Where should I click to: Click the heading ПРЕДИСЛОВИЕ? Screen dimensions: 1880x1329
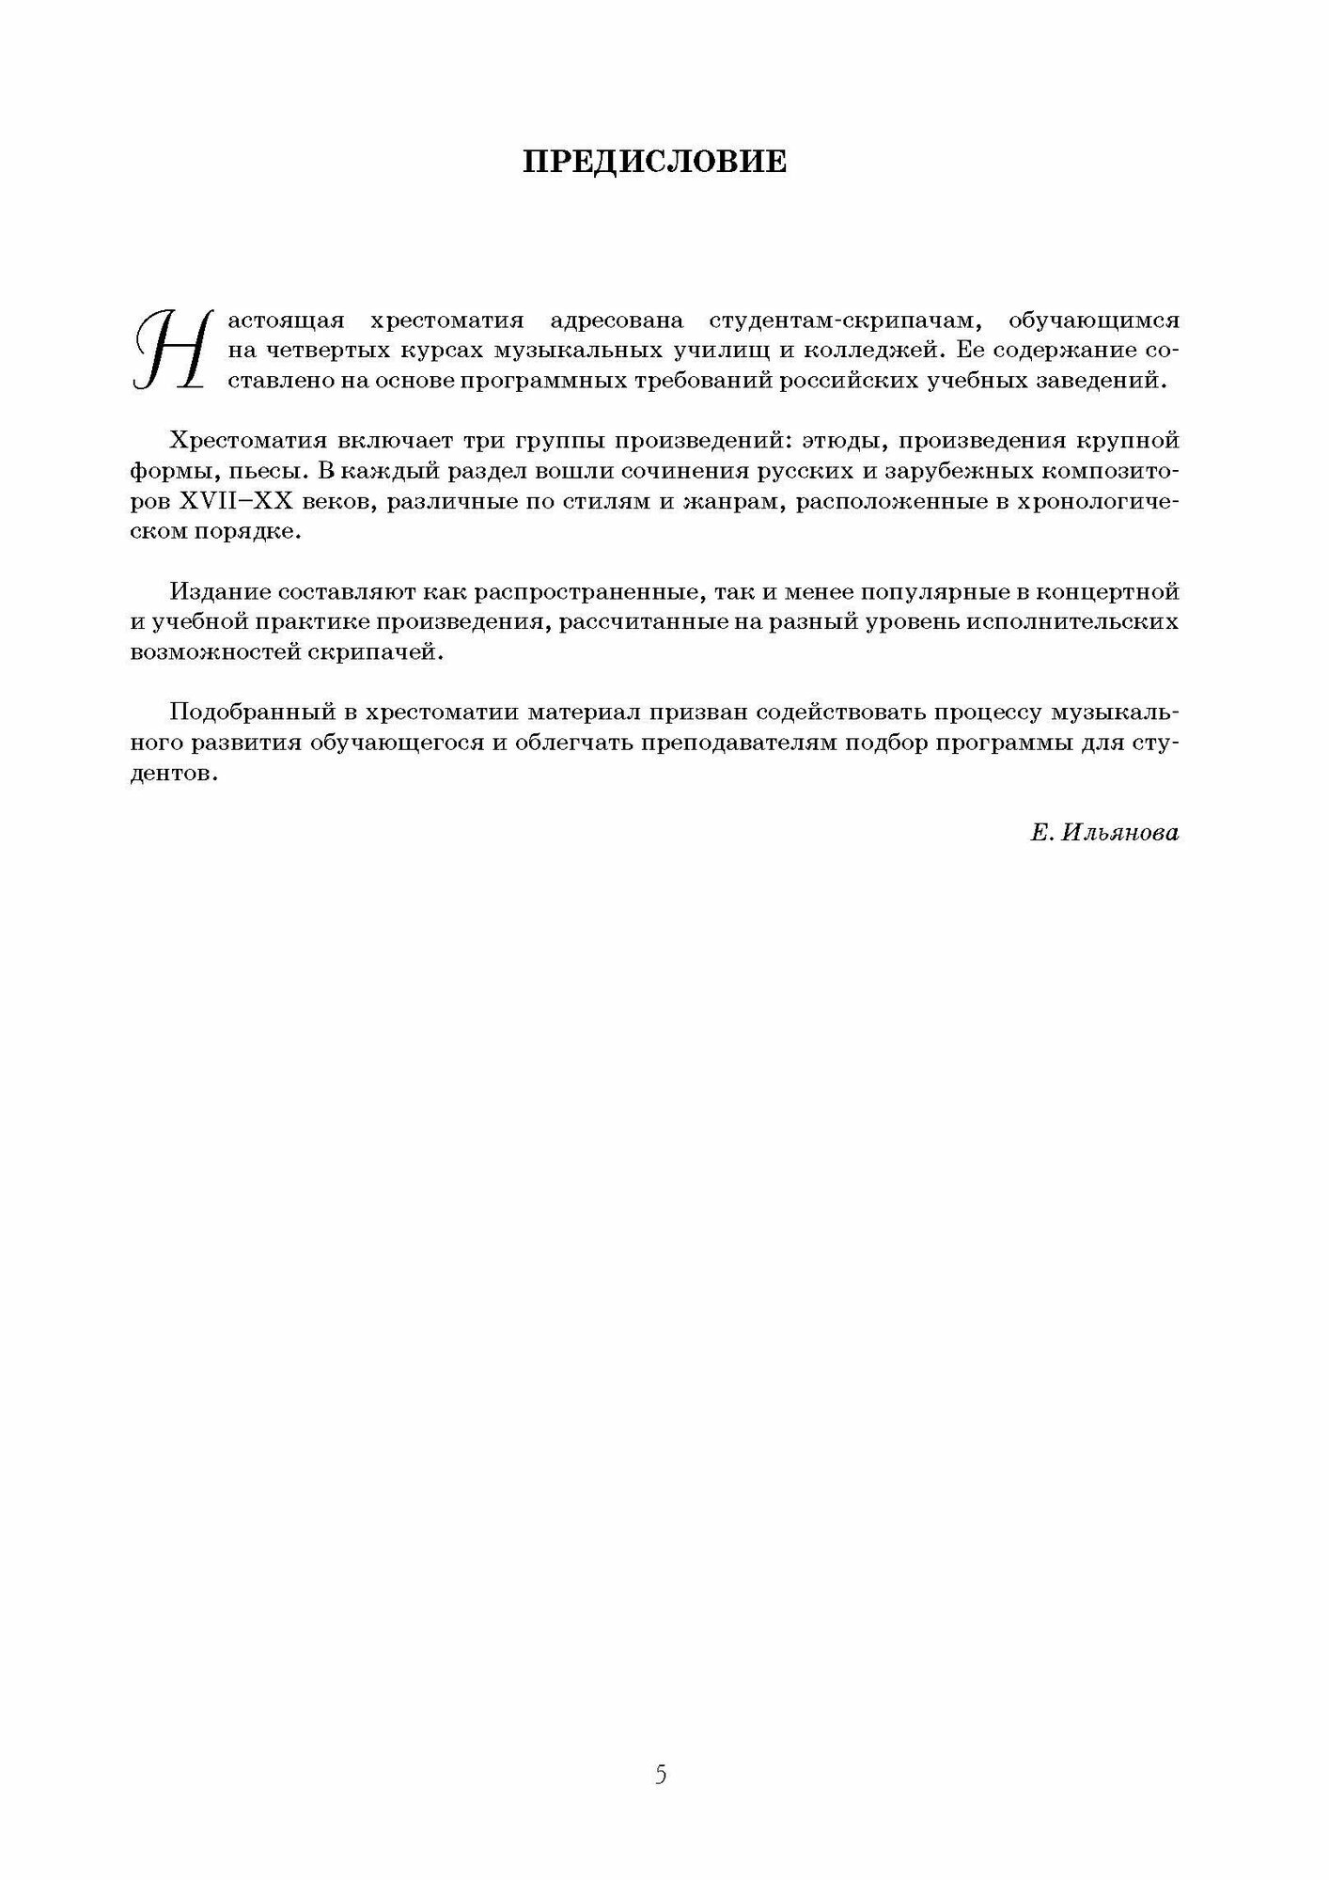[655, 162]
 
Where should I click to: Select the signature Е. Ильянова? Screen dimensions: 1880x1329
[1104, 833]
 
